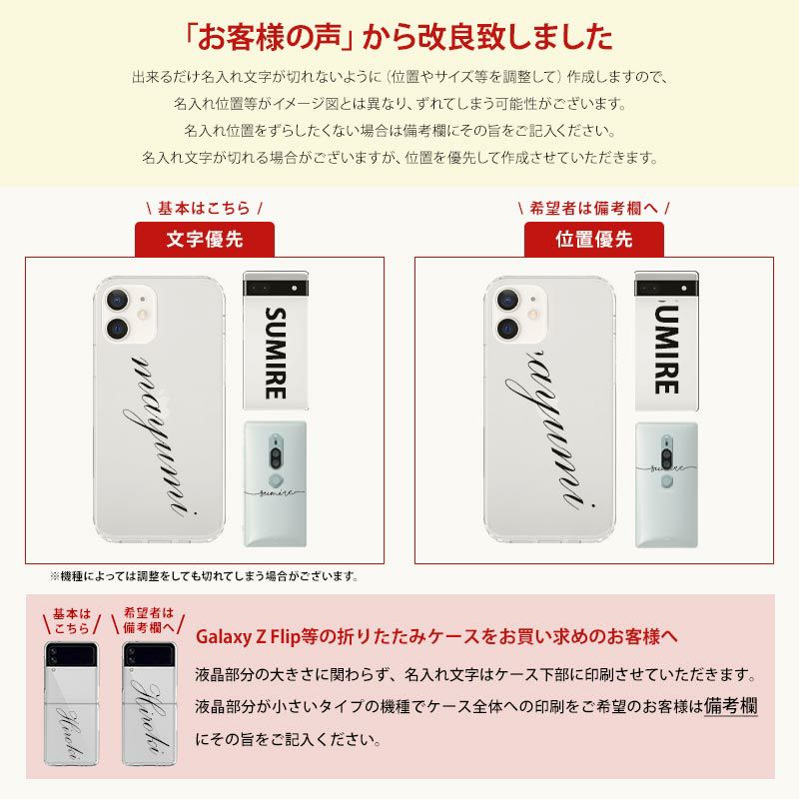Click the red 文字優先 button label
204,240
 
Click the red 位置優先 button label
594,240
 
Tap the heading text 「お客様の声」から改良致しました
399,38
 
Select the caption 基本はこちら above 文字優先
204,208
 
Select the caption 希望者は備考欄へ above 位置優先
594,208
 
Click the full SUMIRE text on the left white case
276,353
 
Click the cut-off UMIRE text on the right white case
666,347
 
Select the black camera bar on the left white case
276,285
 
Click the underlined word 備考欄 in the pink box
730,706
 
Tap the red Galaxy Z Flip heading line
436,636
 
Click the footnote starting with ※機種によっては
204,576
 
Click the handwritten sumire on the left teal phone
276,493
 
